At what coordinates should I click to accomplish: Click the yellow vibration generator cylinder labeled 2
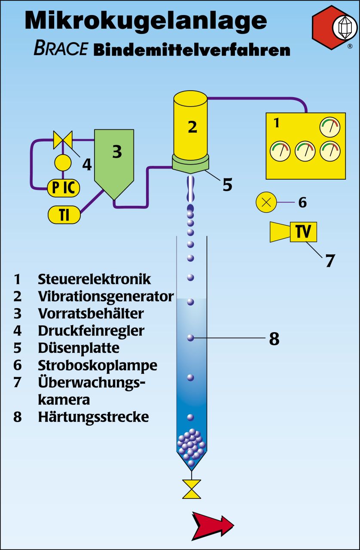click(x=191, y=125)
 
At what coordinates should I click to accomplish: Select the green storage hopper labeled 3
click(x=114, y=159)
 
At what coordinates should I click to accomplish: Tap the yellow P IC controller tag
click(x=64, y=188)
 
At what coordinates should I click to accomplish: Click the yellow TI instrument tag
click(x=64, y=215)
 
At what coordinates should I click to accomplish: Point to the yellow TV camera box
click(x=303, y=232)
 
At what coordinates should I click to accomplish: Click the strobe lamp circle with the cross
click(x=266, y=202)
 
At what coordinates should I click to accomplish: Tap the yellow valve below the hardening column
click(x=192, y=489)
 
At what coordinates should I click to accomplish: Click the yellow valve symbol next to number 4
click(x=63, y=140)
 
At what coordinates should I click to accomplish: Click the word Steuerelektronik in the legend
click(x=95, y=279)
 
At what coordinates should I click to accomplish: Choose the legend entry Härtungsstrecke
click(x=93, y=417)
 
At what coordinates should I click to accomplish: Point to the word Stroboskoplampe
click(x=98, y=365)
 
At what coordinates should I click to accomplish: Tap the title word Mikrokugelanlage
click(x=146, y=20)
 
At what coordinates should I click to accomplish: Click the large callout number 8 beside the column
click(x=274, y=339)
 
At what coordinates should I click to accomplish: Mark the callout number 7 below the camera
click(x=329, y=260)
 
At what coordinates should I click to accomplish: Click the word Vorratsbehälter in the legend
click(x=91, y=313)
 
